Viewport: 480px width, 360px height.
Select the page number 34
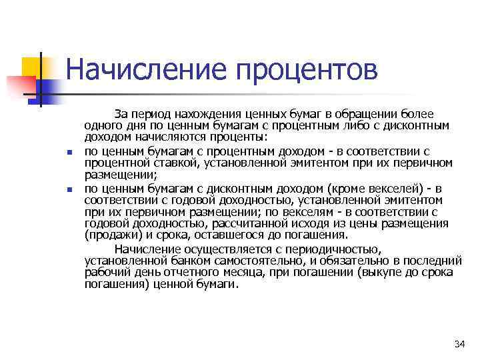458,344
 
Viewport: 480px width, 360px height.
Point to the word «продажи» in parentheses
110,235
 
